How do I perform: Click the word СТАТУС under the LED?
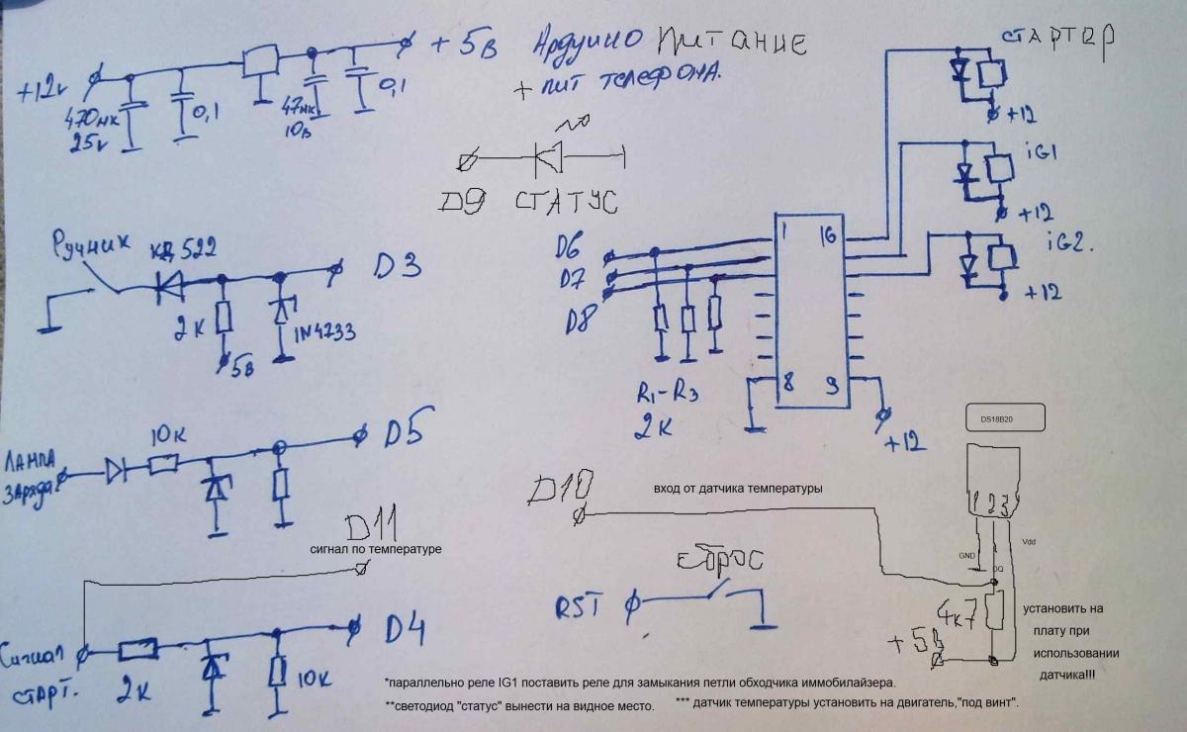coord(567,204)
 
